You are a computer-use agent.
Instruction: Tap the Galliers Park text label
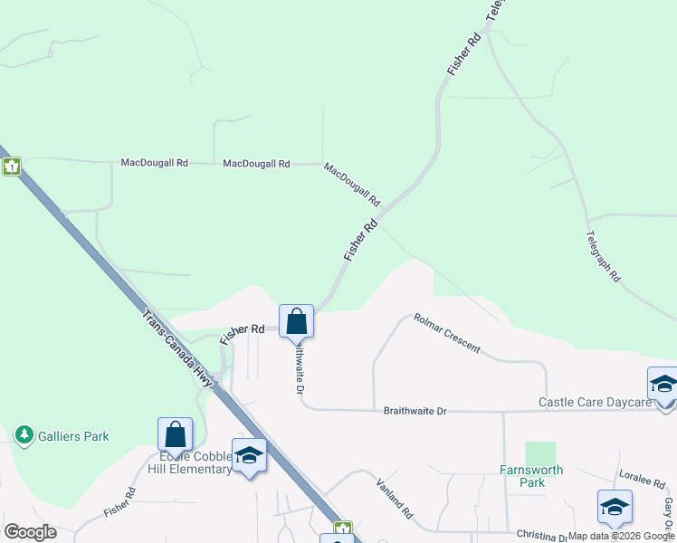[x=73, y=436]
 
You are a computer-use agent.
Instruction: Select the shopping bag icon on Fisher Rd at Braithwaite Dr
[x=296, y=321]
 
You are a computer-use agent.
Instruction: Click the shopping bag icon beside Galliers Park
[x=175, y=434]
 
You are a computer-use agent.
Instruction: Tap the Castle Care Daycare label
[x=595, y=402]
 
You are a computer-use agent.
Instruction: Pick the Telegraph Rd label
[x=603, y=255]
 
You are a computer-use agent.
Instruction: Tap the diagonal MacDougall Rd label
[x=352, y=184]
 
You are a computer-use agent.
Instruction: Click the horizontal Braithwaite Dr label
[x=415, y=411]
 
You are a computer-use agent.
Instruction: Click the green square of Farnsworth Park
[x=540, y=452]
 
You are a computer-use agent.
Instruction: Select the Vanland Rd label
[x=396, y=498]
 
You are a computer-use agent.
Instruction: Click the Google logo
[x=30, y=532]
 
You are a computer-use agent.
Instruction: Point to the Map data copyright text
[x=622, y=536]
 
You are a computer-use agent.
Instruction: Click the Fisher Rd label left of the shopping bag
[x=243, y=332]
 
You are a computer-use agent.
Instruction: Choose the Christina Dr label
[x=541, y=537]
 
